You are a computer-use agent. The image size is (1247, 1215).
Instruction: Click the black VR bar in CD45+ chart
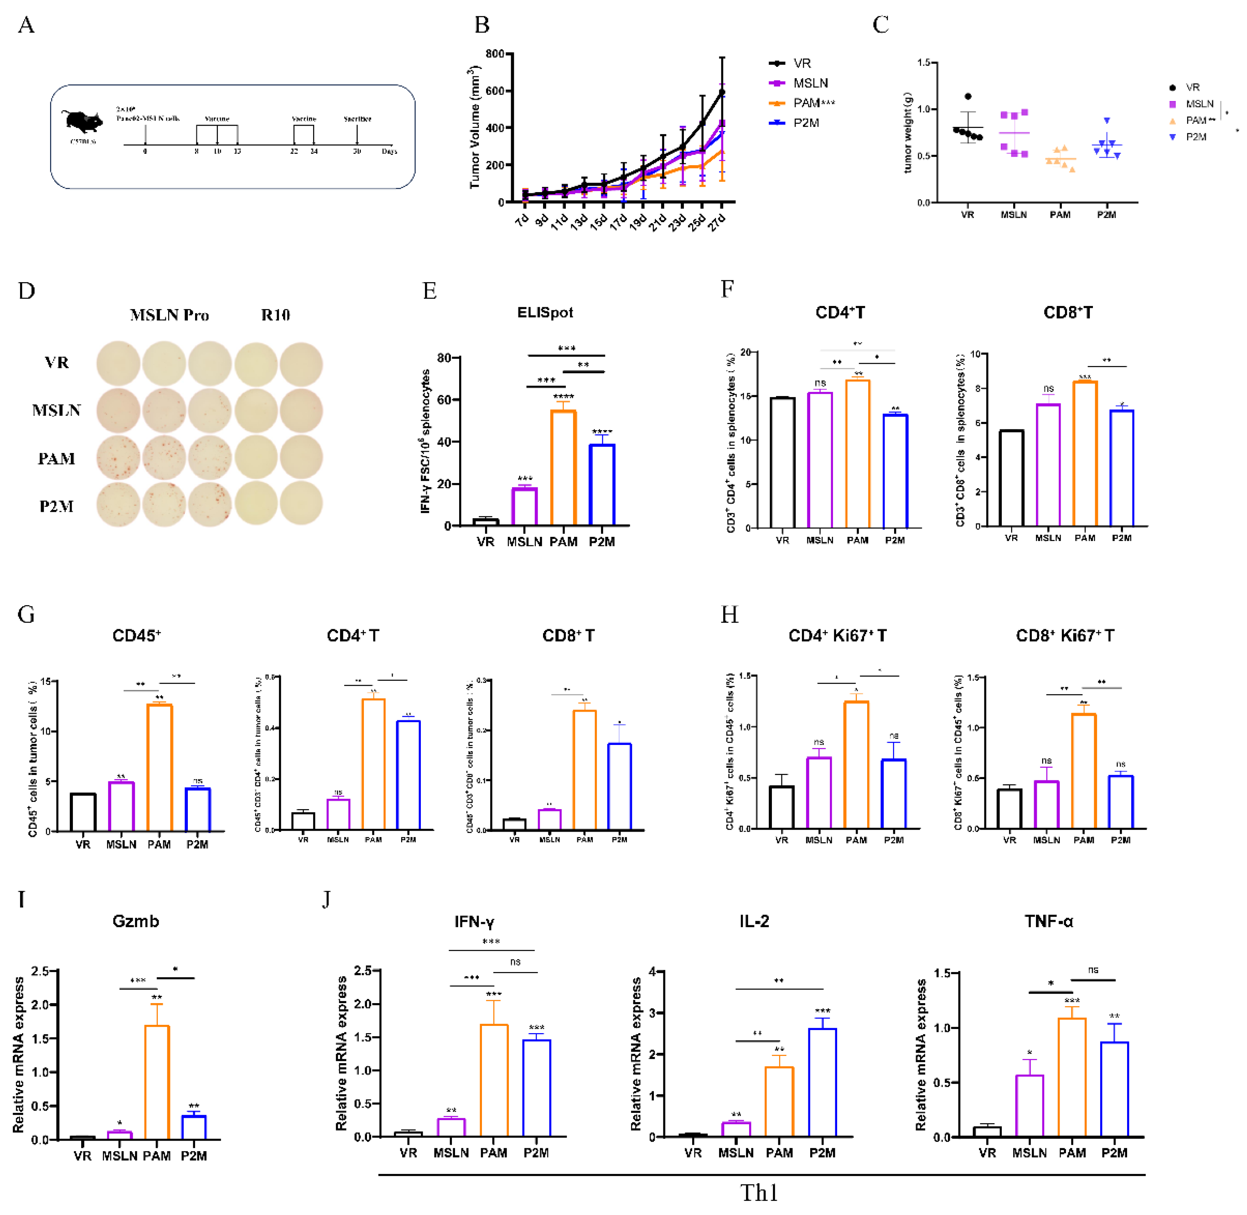tap(83, 812)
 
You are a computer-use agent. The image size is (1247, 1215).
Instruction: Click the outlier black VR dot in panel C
tap(968, 96)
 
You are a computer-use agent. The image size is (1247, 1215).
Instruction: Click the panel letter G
tap(26, 614)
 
